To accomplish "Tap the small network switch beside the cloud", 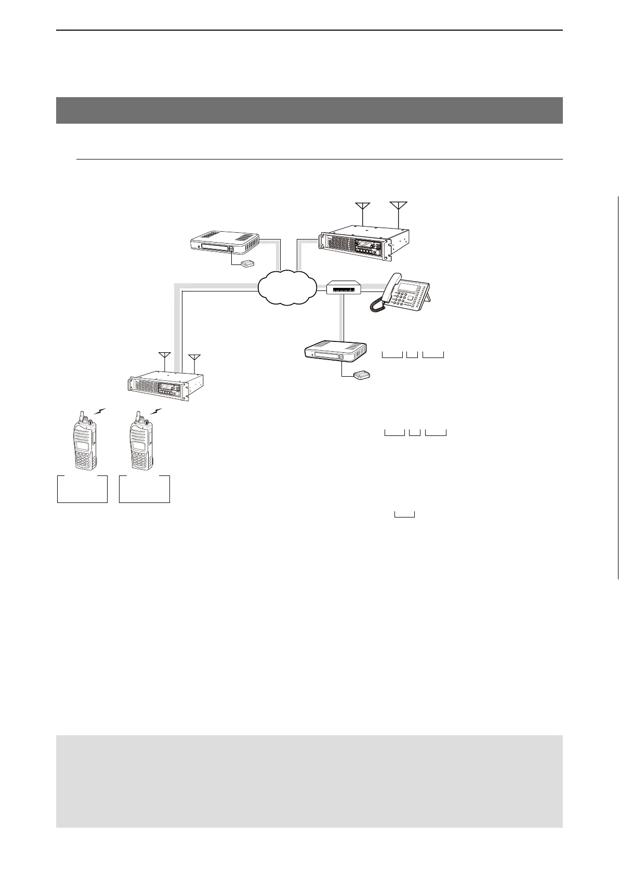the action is pyautogui.click(x=344, y=287).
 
